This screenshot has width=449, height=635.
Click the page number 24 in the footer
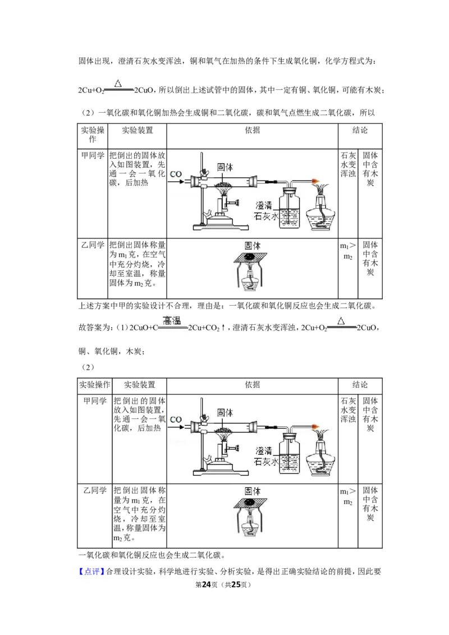(207, 585)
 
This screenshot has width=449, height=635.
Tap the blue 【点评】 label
(90, 572)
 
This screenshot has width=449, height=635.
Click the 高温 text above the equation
(172, 321)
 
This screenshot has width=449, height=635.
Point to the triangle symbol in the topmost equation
(118, 84)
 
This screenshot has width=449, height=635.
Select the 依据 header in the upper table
(253, 130)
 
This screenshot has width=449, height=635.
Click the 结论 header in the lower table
(360, 384)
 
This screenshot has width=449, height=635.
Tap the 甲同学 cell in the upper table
(93, 155)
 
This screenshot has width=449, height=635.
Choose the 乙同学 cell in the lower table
(95, 490)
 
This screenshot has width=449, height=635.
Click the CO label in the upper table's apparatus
(176, 174)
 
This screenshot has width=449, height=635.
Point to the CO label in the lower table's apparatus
(176, 420)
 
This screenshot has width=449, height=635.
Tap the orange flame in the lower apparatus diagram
(316, 427)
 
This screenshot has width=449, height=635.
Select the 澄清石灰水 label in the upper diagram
(266, 211)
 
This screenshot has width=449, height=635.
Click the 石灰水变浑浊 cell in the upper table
(348, 164)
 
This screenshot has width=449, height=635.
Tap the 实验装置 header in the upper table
(138, 130)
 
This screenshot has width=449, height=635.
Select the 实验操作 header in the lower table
(94, 384)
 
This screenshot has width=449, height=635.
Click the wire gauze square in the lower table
(250, 503)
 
